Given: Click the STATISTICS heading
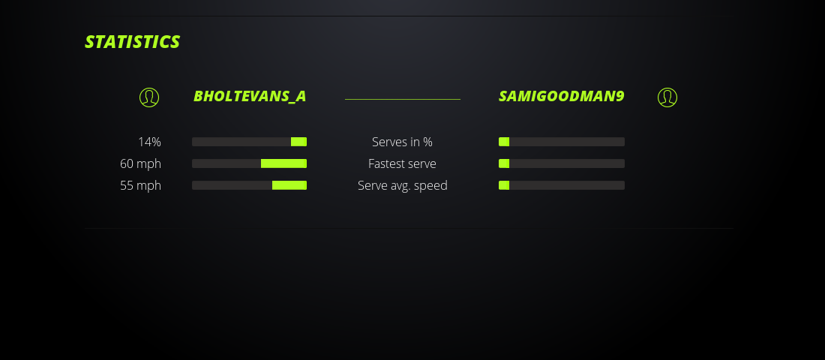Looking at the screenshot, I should tap(132, 42).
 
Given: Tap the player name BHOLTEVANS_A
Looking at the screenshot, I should tap(250, 97).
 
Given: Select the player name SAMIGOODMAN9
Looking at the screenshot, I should tap(561, 97).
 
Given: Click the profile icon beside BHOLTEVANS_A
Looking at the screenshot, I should tap(149, 97).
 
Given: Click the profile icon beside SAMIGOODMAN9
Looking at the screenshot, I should tap(667, 97).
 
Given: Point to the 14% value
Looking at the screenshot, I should tap(149, 142).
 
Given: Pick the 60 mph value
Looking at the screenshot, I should tap(140, 163).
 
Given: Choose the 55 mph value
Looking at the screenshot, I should tap(140, 185).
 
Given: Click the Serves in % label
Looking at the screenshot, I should tap(402, 142).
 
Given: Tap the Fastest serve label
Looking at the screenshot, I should tap(402, 163).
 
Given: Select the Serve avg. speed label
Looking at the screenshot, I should tap(402, 185).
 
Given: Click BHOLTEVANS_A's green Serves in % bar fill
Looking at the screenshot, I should tap(298, 142).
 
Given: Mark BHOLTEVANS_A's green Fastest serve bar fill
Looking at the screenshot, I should tap(283, 163).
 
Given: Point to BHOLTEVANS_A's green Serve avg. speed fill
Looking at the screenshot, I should tap(289, 185).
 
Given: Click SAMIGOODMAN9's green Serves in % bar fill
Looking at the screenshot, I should tap(504, 142).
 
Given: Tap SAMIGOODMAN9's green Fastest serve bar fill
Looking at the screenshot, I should tap(504, 163).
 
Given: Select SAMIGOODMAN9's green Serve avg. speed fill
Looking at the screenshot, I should tap(504, 185).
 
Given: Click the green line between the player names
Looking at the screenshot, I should tap(402, 99).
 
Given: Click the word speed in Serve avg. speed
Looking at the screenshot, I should tap(430, 186).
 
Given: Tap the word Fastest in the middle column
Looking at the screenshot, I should tap(385, 163).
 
